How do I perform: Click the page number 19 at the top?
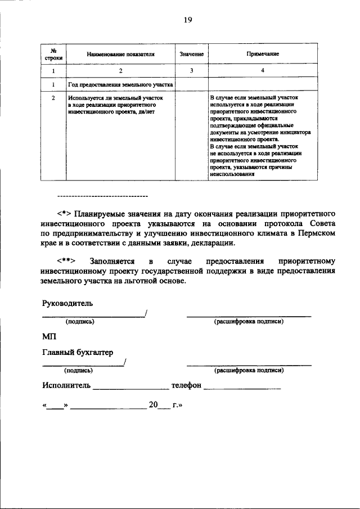(x=188, y=20)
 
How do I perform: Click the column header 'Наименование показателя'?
(x=120, y=54)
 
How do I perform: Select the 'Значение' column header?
(x=191, y=54)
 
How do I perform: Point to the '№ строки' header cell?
(x=53, y=54)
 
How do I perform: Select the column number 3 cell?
(x=191, y=71)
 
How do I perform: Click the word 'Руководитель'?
(x=67, y=303)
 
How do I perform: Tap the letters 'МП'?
(x=49, y=337)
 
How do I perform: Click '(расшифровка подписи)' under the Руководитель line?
(x=249, y=322)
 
